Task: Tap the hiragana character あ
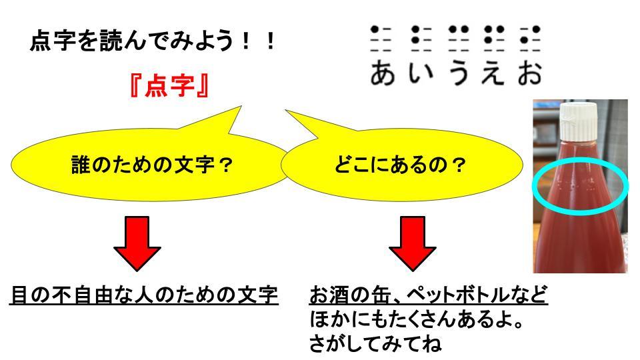[383, 73]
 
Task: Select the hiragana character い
[420, 73]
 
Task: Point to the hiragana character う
[457, 73]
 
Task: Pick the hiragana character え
[493, 73]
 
